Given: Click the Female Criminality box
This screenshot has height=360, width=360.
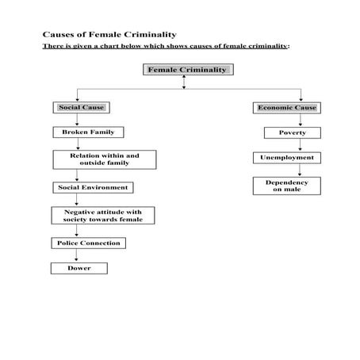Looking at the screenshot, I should [188, 70].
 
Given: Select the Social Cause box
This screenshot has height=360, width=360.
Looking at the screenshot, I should [81, 107].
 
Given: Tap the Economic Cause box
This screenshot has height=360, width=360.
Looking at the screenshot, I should [287, 107].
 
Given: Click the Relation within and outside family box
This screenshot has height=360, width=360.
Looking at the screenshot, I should [104, 159].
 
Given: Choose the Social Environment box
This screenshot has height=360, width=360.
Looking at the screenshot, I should [92, 187].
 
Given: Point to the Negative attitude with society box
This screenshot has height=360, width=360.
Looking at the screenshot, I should [103, 215].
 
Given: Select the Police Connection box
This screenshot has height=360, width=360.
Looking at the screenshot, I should [89, 243].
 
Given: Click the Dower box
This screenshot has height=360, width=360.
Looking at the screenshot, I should [79, 268].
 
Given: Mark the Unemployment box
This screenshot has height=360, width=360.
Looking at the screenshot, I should [286, 158].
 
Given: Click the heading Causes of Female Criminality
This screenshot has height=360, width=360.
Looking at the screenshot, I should [109, 35].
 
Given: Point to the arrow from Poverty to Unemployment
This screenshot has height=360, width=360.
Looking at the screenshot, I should [286, 144].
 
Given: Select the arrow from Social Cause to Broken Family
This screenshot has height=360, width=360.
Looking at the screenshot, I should [77, 119].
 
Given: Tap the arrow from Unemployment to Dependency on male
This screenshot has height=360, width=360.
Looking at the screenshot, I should [286, 170].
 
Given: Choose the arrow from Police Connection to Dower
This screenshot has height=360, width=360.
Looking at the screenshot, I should [77, 255].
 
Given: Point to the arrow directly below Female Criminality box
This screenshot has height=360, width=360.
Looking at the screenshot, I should [184, 82].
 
